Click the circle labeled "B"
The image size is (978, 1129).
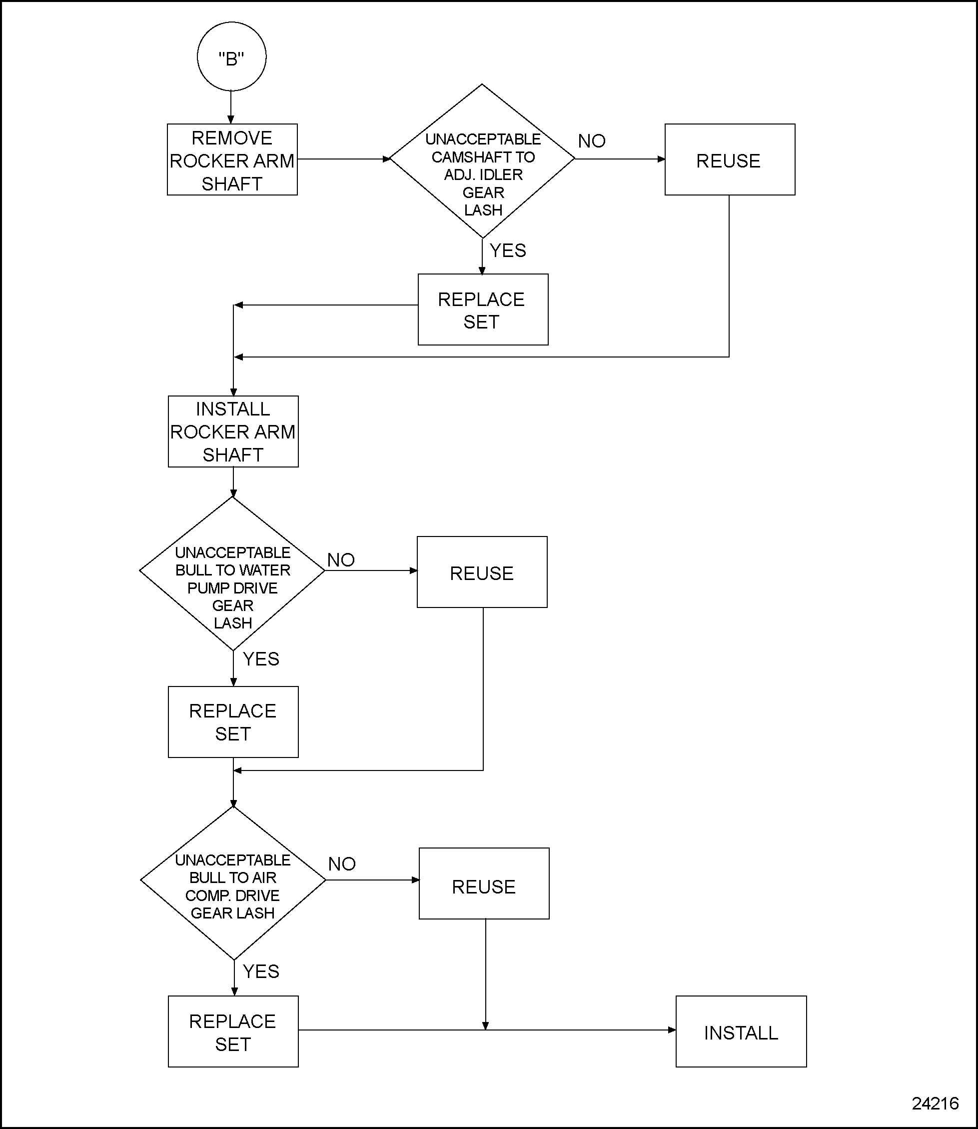(x=231, y=57)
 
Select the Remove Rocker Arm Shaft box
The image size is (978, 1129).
(x=232, y=159)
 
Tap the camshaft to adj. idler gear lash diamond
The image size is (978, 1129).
(x=482, y=161)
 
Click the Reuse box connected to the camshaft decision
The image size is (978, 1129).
(x=729, y=159)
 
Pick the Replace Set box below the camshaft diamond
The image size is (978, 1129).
(x=482, y=309)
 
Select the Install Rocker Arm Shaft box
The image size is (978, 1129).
(x=233, y=431)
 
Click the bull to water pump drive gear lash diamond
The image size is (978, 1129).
(x=232, y=573)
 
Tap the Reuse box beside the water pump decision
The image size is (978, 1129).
(x=482, y=572)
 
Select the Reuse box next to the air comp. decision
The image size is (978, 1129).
(x=484, y=883)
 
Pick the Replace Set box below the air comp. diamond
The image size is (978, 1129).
(x=233, y=1032)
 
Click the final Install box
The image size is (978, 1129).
(x=741, y=1032)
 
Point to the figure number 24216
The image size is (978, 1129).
(x=935, y=1103)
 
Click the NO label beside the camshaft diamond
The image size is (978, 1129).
(x=592, y=141)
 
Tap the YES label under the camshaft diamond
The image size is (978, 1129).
(x=508, y=250)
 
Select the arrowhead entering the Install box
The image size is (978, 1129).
(x=672, y=1030)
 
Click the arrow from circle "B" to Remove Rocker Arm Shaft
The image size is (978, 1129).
(x=231, y=107)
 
